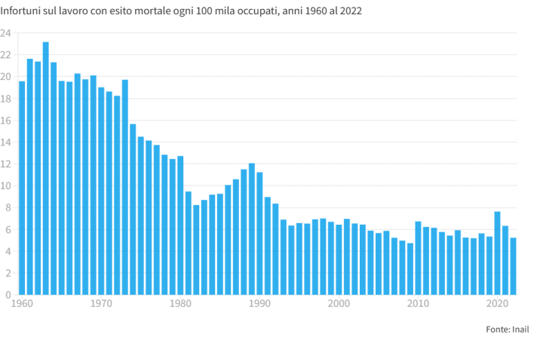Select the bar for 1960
click(x=22, y=188)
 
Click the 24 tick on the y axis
click(x=5, y=33)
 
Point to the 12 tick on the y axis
click(x=5, y=164)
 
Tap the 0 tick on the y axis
click(x=8, y=295)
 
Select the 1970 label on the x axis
click(x=102, y=304)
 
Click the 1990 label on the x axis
click(x=260, y=304)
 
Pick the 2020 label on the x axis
click(x=498, y=304)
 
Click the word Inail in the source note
click(x=520, y=329)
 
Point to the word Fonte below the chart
click(x=497, y=329)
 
